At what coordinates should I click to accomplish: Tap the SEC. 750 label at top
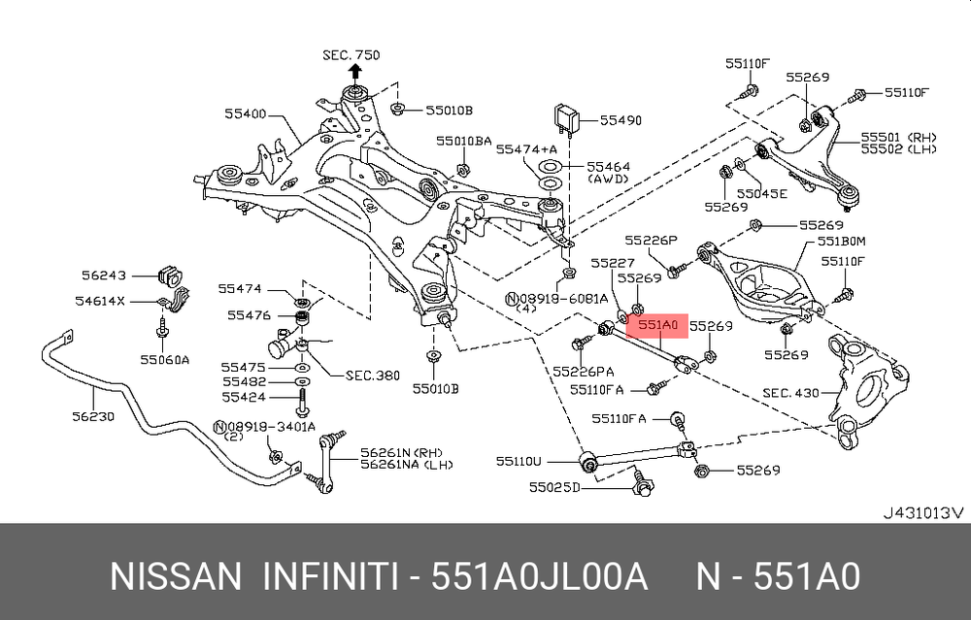point(352,55)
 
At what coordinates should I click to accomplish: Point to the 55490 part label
point(620,120)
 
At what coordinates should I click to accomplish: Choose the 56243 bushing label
point(103,276)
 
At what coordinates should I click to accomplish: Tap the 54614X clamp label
point(101,301)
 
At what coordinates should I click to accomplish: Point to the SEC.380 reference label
point(372,375)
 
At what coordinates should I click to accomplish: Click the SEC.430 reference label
point(790,393)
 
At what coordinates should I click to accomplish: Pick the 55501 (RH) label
point(895,137)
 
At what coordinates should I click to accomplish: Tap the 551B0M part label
point(841,241)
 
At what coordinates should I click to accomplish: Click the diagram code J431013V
point(922,511)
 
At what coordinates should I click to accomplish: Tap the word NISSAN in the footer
point(176,577)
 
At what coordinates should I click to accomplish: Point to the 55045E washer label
point(761,193)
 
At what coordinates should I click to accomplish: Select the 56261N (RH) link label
point(397,452)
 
